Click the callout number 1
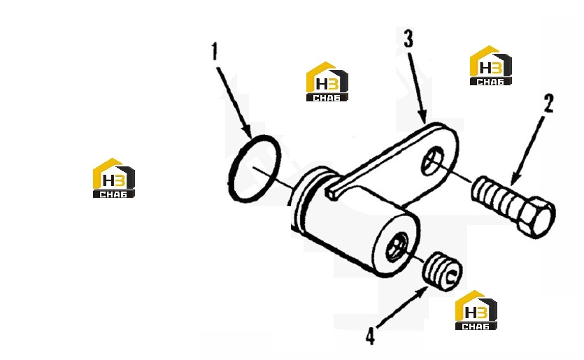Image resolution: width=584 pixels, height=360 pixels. coord(215,52)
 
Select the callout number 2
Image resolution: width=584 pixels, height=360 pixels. coord(548,103)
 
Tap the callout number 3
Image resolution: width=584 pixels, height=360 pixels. coord(408,39)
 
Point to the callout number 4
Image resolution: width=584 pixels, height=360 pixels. coord(370,336)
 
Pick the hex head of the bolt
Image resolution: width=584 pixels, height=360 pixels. coord(537,218)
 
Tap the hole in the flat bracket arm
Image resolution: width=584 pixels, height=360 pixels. coord(433,161)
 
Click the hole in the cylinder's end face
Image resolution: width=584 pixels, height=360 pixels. coord(398,246)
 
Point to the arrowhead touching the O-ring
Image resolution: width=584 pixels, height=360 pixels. coord(247,131)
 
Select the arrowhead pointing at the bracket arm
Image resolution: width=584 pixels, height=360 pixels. coord(422,117)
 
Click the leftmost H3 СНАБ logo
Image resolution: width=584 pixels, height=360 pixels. coord(113,178)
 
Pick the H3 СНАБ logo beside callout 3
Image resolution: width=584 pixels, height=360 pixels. coord(327,82)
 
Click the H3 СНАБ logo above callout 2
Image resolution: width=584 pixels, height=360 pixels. coord(490,66)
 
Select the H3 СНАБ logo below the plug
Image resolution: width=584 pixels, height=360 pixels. coord(476,310)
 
